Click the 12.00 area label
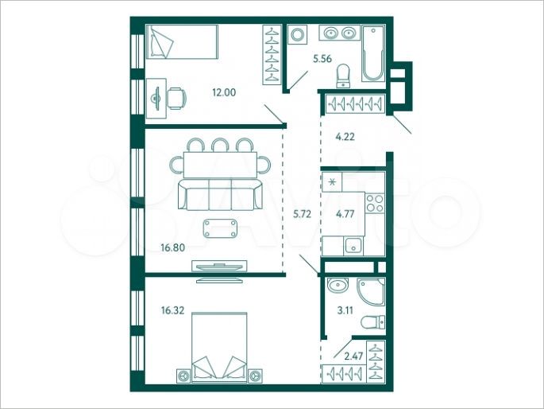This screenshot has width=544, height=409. (223, 92)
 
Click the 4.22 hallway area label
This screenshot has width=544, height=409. (345, 136)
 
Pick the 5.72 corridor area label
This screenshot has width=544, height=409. (303, 214)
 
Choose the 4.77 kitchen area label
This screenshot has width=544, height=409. (345, 214)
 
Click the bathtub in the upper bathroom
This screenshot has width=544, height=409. (373, 54)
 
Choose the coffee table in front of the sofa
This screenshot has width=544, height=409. (219, 228)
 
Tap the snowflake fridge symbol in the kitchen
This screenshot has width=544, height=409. (332, 182)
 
